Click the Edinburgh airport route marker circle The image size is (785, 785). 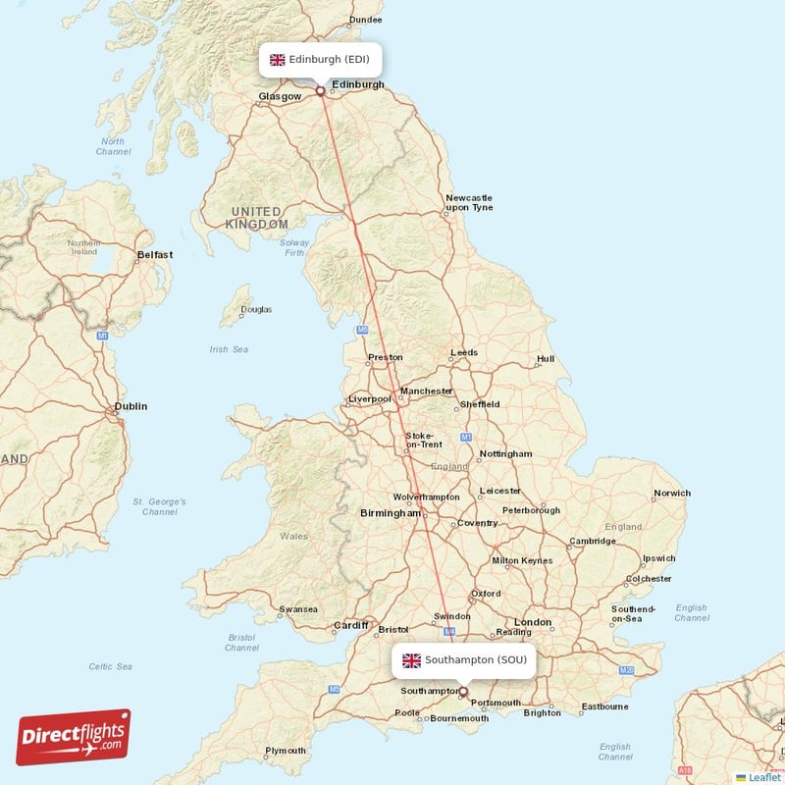320,91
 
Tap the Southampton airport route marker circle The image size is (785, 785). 464,691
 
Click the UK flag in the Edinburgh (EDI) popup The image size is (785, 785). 278,60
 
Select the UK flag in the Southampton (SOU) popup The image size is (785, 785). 411,660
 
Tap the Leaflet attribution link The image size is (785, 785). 759,777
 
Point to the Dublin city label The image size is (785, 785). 131,406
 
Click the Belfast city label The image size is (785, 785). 154,255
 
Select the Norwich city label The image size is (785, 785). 672,494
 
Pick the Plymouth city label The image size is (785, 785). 286,752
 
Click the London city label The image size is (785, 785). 533,623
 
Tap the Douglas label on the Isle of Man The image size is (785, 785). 256,310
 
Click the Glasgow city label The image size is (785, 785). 279,97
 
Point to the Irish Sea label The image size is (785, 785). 229,349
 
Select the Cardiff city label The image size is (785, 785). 350,625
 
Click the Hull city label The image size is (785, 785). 546,360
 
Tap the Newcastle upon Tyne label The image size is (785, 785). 469,203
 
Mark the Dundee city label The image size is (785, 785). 366,20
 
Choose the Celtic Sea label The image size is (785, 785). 111,667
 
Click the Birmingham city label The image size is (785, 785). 390,513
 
